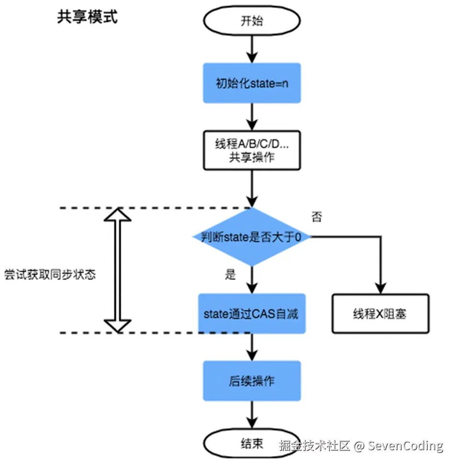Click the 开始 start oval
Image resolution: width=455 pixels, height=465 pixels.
tap(252, 22)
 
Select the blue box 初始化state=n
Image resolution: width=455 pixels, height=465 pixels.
tap(252, 83)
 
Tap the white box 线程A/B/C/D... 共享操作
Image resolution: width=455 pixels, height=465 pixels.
tap(252, 150)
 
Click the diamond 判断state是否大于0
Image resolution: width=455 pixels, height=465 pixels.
tap(252, 237)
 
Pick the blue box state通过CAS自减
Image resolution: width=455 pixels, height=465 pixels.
tap(252, 314)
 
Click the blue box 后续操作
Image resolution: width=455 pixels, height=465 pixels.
tap(252, 381)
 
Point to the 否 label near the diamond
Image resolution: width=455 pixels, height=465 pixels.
tap(317, 217)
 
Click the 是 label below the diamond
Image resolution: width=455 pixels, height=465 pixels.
tap(231, 275)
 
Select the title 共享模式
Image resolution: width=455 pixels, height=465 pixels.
tap(87, 17)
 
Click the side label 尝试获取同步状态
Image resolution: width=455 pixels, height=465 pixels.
tap(50, 275)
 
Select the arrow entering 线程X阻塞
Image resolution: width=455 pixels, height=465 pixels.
tap(381, 269)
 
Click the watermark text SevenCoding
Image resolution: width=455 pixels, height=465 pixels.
tap(406, 446)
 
